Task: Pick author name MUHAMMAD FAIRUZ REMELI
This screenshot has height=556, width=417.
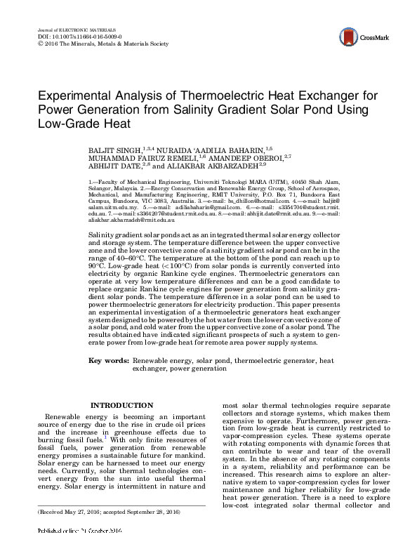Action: pyautogui.click(x=130, y=159)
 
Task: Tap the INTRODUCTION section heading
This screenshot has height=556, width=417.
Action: pyautogui.click(x=121, y=405)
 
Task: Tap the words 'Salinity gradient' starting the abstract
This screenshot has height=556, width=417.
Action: pyautogui.click(x=117, y=232)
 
